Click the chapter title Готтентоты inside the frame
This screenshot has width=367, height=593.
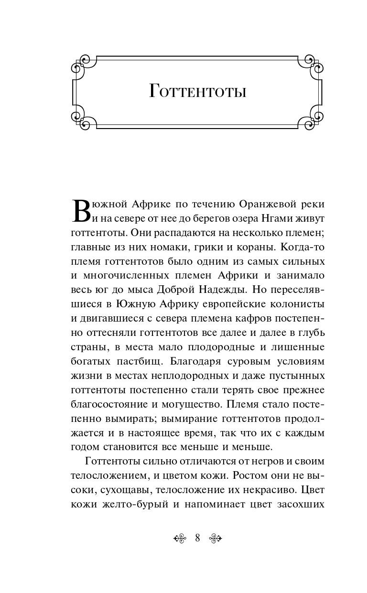tap(197, 91)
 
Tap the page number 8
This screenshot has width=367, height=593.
tap(197, 538)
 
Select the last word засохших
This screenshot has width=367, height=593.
tap(301, 504)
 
